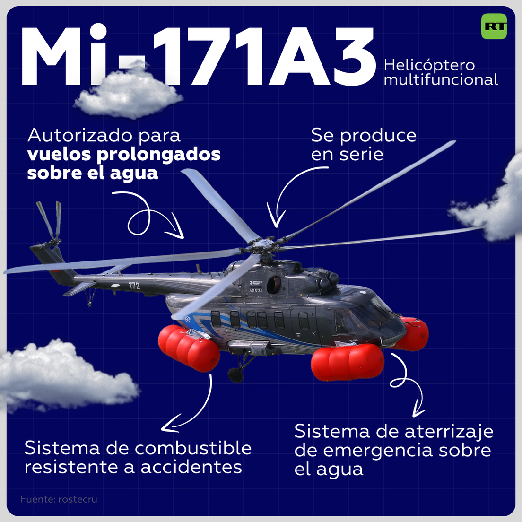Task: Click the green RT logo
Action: click(494, 26)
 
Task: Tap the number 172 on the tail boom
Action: click(134, 285)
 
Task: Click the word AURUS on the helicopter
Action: click(256, 291)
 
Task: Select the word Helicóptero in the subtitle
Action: click(429, 66)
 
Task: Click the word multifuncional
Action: click(441, 80)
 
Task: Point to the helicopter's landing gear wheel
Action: click(235, 374)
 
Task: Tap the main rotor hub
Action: click(263, 245)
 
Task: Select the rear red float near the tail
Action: click(189, 348)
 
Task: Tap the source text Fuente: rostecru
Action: click(59, 499)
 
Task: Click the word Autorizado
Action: click(79, 136)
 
